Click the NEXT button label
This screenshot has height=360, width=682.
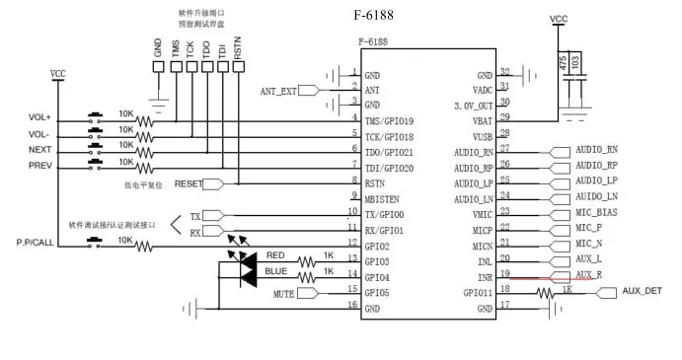[40, 150]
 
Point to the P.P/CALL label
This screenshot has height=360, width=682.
[37, 242]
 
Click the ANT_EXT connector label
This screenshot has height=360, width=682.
[278, 91]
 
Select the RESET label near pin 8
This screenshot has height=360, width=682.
[189, 183]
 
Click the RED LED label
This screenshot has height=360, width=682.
[275, 254]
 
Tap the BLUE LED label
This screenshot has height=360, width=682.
[275, 270]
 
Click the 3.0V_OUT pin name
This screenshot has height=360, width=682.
[473, 104]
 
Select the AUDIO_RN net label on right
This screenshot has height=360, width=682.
[597, 150]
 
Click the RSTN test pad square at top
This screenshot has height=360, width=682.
[238, 66]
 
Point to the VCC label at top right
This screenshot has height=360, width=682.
[558, 19]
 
